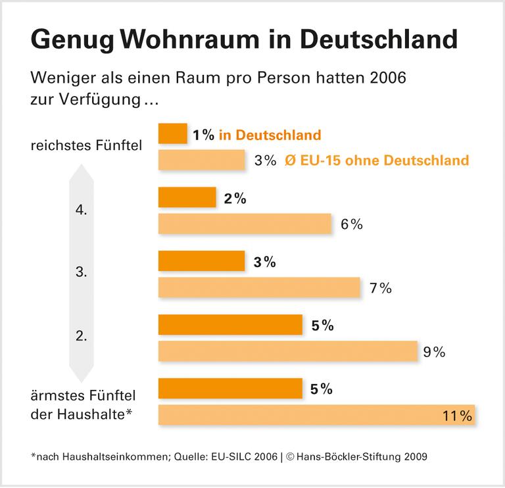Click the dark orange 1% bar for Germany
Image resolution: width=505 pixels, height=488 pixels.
[x=173, y=134]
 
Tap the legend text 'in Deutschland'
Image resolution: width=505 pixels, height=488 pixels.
[x=270, y=135]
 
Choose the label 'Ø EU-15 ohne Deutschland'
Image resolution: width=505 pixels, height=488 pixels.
[x=377, y=160]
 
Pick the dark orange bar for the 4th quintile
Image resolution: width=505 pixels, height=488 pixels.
[x=187, y=198]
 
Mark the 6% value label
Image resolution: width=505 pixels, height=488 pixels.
[x=352, y=224]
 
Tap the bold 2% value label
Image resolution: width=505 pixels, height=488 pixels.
[x=235, y=199]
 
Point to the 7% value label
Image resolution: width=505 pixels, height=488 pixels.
[x=381, y=287]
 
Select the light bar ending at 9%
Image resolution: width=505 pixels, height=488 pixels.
[x=288, y=351]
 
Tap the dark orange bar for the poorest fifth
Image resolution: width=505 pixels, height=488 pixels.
[x=230, y=388]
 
